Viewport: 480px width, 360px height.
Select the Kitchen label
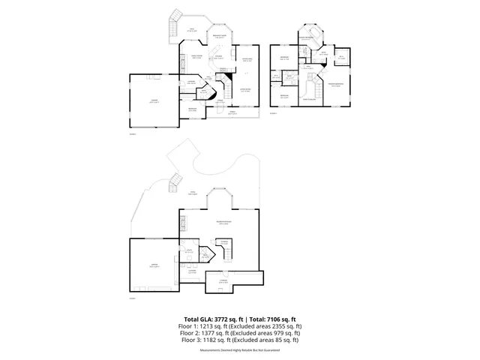pyautogui.click(x=218, y=57)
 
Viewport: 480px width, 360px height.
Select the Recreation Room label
pyautogui.click(x=223, y=223)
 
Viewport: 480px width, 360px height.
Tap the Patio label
pyautogui.click(x=193, y=193)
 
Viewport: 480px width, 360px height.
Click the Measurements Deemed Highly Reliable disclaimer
pyautogui.click(x=239, y=350)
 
